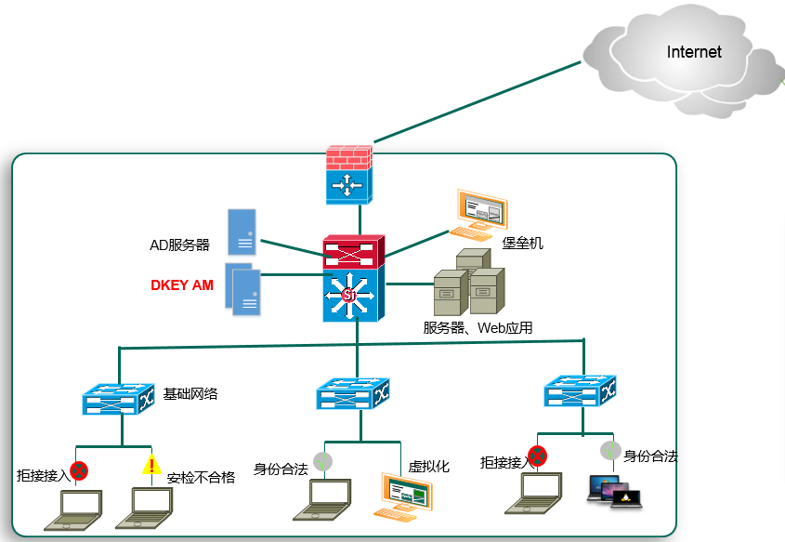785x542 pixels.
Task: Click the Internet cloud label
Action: pyautogui.click(x=694, y=51)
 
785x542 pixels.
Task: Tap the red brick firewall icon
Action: pyautogui.click(x=349, y=175)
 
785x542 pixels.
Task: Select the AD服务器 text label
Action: pyautogui.click(x=179, y=245)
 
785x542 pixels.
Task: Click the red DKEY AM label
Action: pyautogui.click(x=182, y=285)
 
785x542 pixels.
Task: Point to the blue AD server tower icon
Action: pyautogui.click(x=242, y=232)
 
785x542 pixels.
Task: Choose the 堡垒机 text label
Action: pyautogui.click(x=523, y=243)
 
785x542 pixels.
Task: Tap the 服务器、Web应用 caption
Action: pyautogui.click(x=478, y=327)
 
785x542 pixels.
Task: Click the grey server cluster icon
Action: pyautogui.click(x=469, y=282)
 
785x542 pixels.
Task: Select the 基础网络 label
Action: pyautogui.click(x=190, y=394)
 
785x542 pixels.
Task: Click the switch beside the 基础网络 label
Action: pyautogui.click(x=118, y=399)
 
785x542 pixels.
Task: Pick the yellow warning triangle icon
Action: pyautogui.click(x=151, y=464)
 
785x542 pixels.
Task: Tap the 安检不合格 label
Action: pyautogui.click(x=202, y=477)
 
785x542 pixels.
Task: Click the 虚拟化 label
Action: pyautogui.click(x=428, y=467)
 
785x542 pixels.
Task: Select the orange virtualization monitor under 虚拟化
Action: pyautogui.click(x=403, y=496)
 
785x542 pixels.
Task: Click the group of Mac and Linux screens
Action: pyautogui.click(x=615, y=492)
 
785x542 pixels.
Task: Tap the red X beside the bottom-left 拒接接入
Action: pyautogui.click(x=79, y=470)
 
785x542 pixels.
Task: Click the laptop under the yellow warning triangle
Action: pyautogui.click(x=144, y=508)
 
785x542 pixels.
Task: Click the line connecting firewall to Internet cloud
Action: pyautogui.click(x=478, y=101)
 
